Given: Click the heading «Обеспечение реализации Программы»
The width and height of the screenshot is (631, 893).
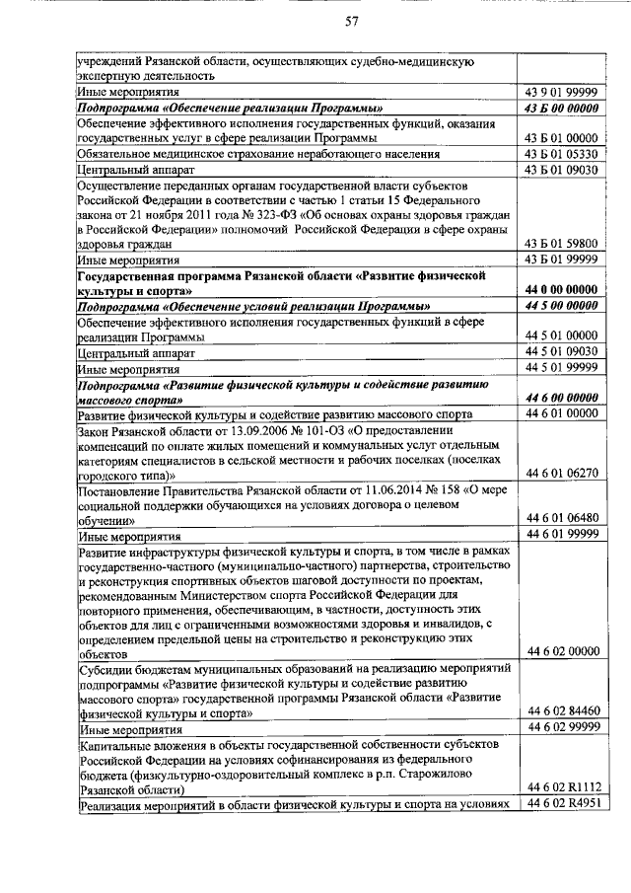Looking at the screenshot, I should (x=231, y=108).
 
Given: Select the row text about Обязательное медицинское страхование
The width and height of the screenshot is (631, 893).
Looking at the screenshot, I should (x=257, y=155).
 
